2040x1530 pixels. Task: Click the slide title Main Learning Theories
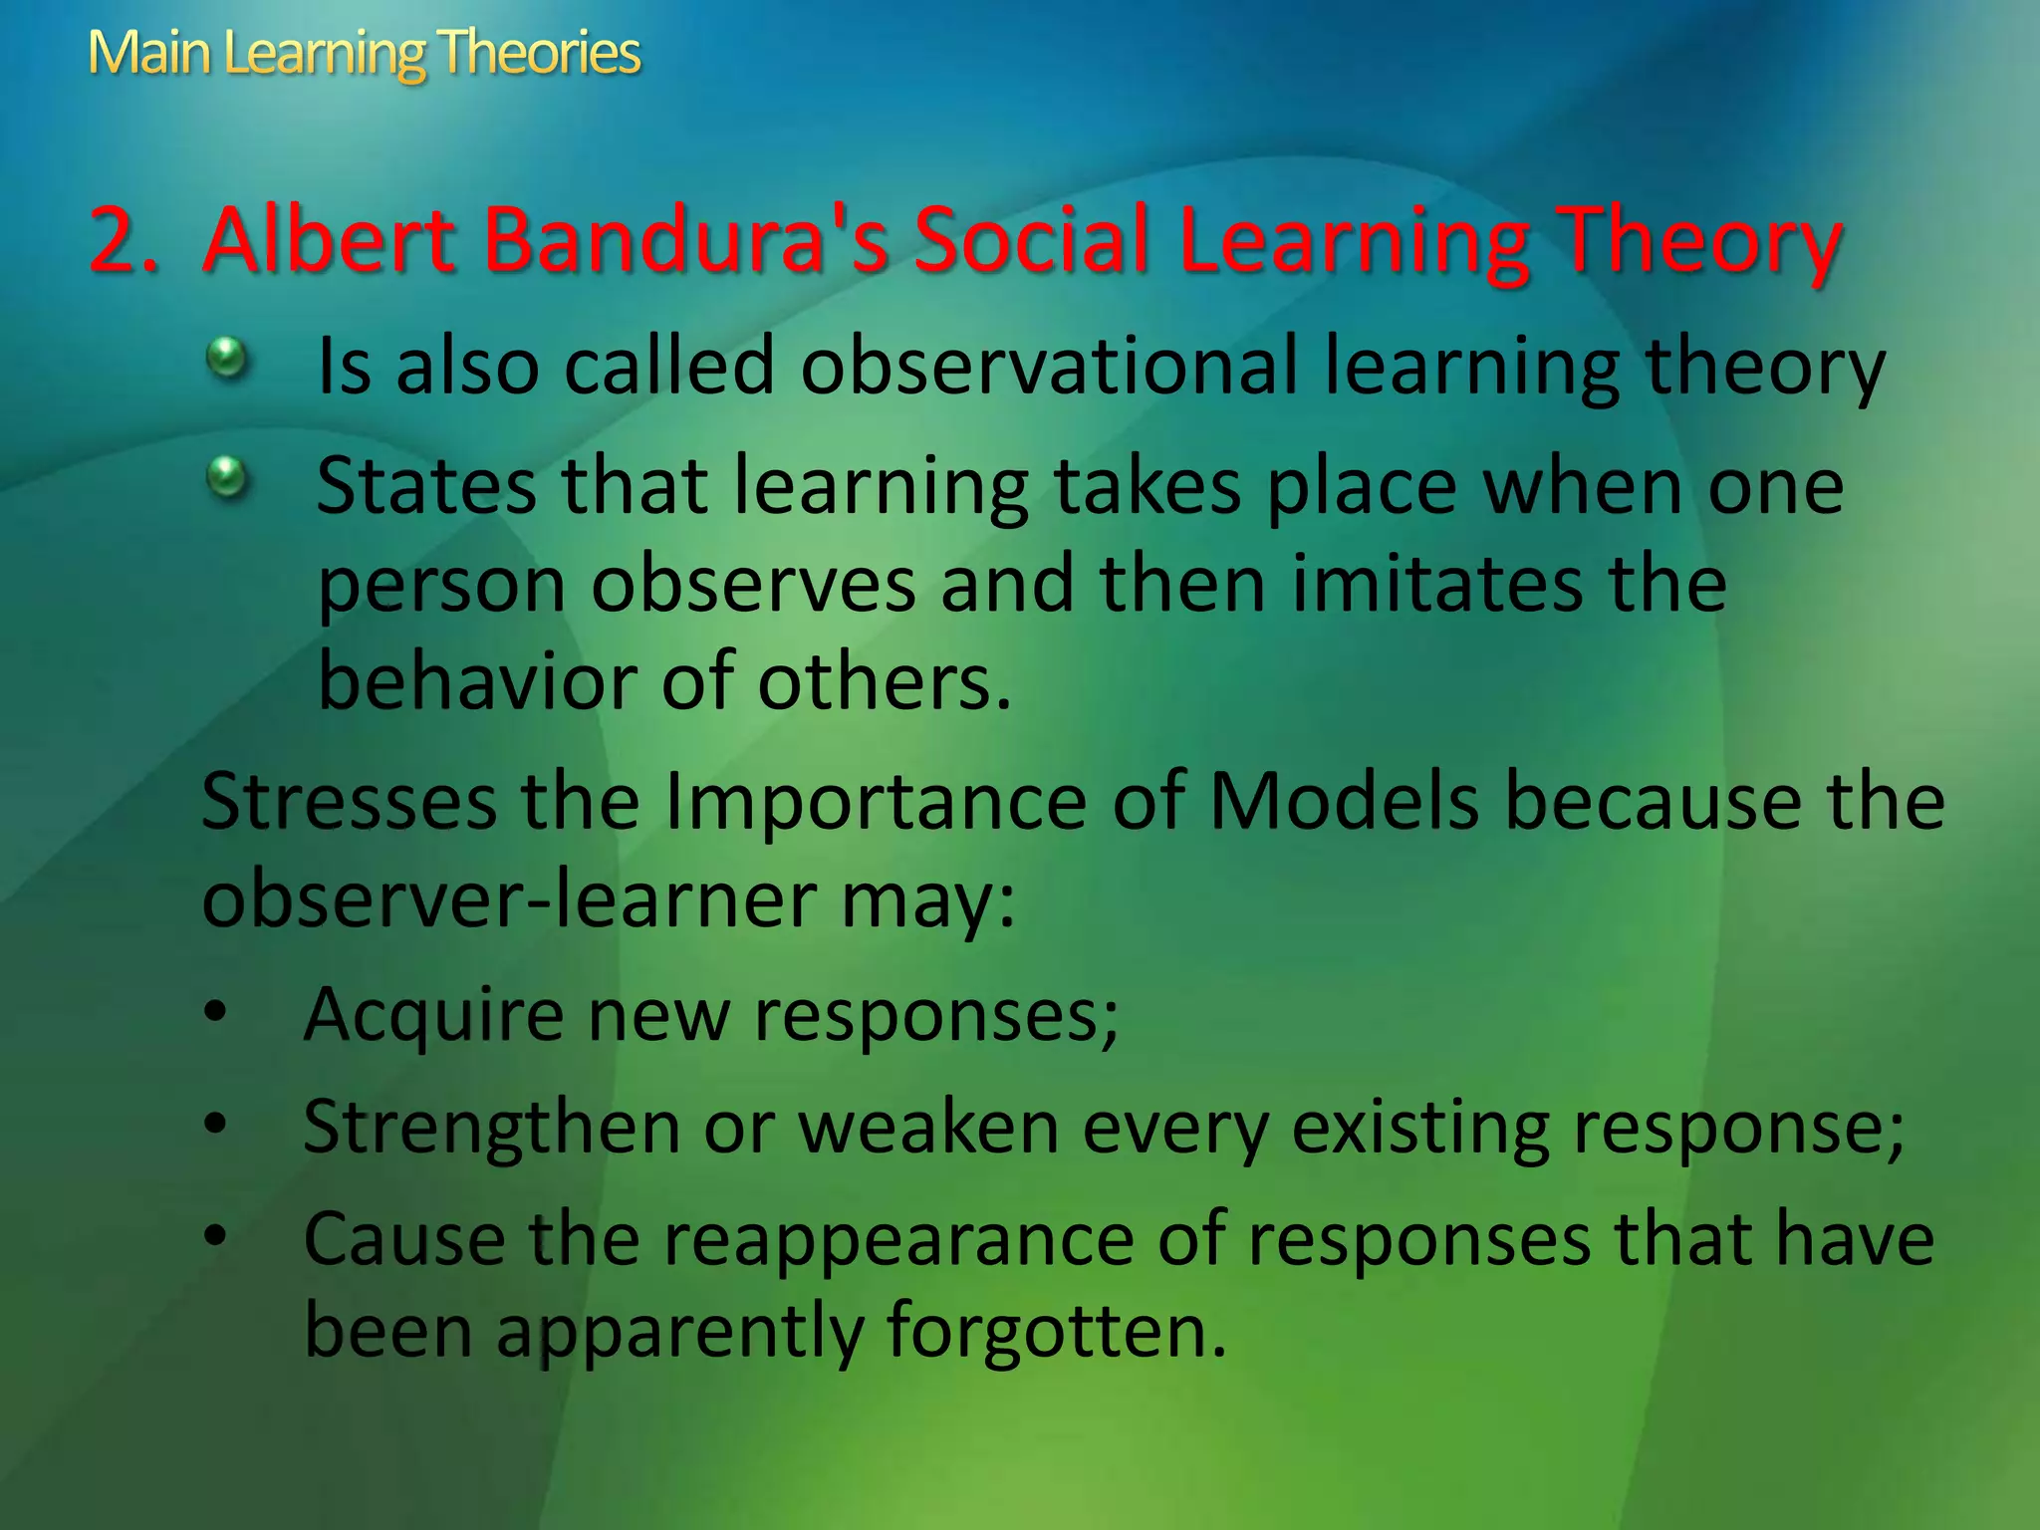click(364, 53)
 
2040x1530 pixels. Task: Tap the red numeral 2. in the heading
click(124, 241)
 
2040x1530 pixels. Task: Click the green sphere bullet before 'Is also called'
click(227, 358)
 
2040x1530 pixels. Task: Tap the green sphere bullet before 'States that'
click(227, 477)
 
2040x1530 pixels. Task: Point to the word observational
click(1050, 366)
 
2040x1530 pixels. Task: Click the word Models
click(1344, 802)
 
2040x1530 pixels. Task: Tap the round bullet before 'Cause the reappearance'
click(215, 1236)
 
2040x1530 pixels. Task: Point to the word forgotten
click(1055, 1331)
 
